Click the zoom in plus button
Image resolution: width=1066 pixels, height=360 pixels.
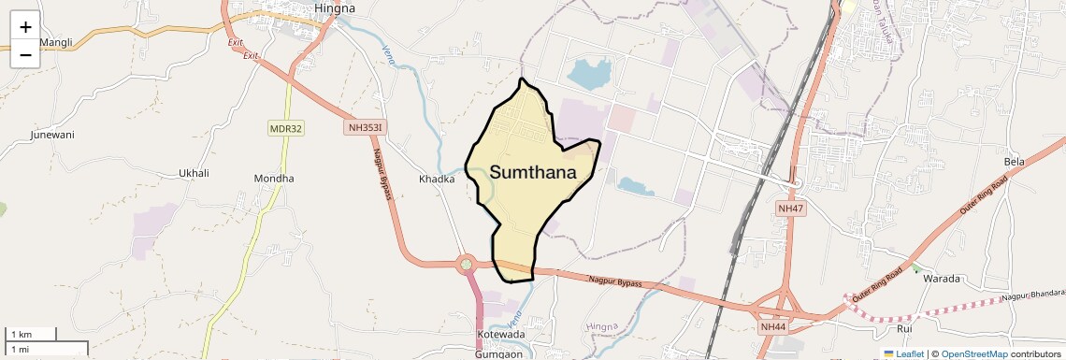(x=25, y=27)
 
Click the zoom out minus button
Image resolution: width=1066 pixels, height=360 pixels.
(x=25, y=54)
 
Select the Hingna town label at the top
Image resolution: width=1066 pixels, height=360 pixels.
(x=335, y=8)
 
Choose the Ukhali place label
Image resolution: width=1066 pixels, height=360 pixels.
(x=194, y=174)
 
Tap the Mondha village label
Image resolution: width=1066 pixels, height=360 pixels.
(x=274, y=179)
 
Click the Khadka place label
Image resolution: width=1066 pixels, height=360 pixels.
(x=437, y=179)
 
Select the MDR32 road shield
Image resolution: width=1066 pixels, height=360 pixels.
(x=286, y=128)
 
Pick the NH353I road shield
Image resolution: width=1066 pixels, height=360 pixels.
(x=367, y=127)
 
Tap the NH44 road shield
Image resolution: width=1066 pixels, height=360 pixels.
(x=773, y=326)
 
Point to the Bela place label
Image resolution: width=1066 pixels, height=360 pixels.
(x=1015, y=162)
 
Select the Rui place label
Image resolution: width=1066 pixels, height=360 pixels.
(x=904, y=328)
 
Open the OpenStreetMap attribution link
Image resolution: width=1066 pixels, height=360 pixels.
(x=973, y=353)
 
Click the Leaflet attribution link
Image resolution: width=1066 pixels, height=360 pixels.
(x=909, y=353)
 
